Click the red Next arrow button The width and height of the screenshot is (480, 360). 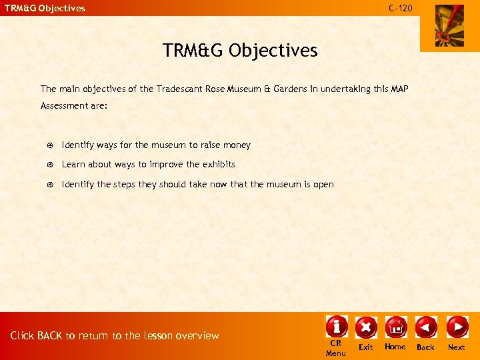click(x=457, y=327)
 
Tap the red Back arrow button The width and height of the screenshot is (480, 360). click(x=426, y=327)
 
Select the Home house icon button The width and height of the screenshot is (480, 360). click(x=395, y=327)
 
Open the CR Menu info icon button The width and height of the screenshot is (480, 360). click(x=337, y=326)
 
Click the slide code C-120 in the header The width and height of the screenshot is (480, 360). click(x=401, y=8)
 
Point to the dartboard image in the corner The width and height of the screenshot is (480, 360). click(x=449, y=26)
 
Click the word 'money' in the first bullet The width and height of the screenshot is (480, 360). click(x=237, y=145)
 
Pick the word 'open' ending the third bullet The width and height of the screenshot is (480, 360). click(x=323, y=185)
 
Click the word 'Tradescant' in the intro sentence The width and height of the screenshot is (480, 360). click(x=180, y=89)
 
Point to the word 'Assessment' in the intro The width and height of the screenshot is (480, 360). click(x=63, y=106)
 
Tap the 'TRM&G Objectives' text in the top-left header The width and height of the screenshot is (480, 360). click(x=45, y=9)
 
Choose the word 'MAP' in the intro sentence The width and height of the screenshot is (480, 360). click(x=399, y=89)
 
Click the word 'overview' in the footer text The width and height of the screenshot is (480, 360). click(x=198, y=336)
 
